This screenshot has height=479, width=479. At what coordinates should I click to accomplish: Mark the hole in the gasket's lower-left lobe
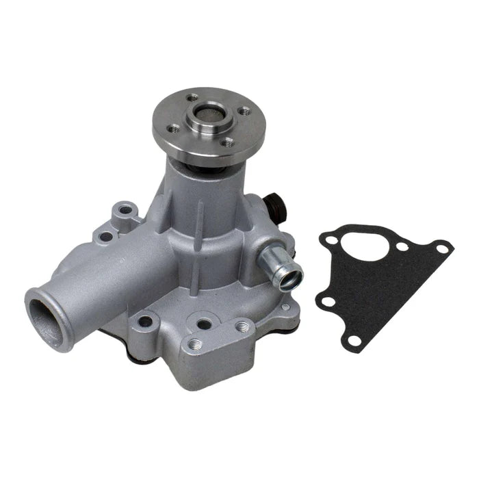tap(330, 301)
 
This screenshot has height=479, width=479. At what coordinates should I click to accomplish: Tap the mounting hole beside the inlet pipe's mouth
tap(145, 320)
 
